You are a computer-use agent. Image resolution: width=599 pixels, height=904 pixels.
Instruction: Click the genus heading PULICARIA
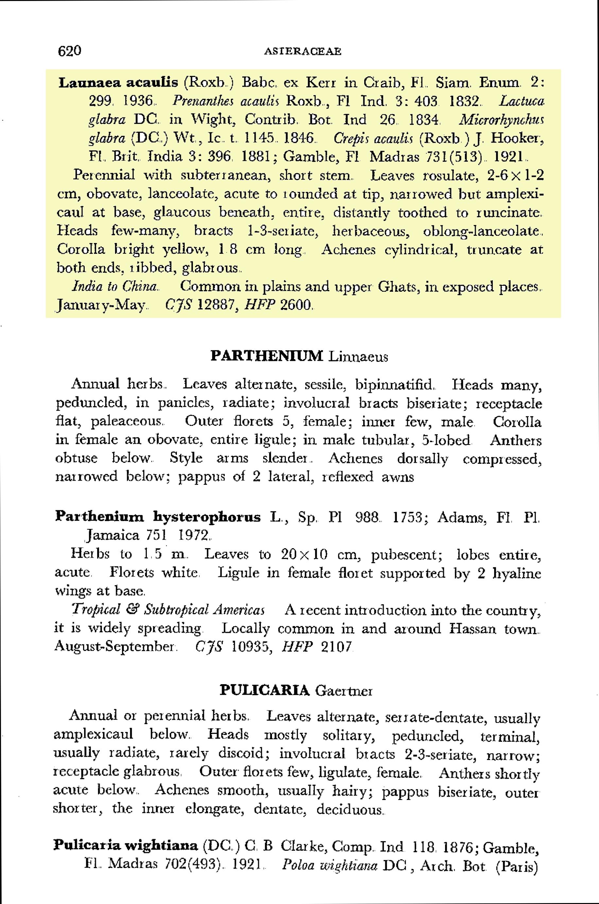tap(265, 690)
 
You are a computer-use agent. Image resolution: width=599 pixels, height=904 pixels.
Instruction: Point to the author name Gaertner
tap(344, 691)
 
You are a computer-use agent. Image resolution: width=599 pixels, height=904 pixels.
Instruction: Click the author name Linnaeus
tap(358, 356)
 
